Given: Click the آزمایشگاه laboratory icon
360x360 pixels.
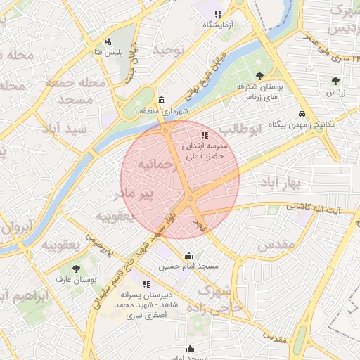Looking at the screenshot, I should pos(218,14).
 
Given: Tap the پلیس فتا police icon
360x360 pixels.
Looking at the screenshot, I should pos(108,41).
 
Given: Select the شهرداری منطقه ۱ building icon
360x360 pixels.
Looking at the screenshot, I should pos(162,100).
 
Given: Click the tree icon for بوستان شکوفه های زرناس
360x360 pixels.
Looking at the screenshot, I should pos(259,75).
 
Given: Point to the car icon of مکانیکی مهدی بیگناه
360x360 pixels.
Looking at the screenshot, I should pos(302,113).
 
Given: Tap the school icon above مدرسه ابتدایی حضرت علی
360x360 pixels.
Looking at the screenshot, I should pos(204,134).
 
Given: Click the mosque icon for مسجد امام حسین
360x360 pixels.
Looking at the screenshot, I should pos(188,256).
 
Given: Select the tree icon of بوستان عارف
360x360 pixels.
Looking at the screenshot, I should pos(76,269).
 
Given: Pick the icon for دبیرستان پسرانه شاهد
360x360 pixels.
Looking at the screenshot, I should pos(146,285).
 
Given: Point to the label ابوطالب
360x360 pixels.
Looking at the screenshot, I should pos(240,129).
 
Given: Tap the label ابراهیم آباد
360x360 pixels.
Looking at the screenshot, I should pos(23,295).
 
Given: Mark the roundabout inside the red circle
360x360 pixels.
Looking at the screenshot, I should pos(190,201).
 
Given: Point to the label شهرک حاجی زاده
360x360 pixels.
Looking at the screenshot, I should pos(221,300).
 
